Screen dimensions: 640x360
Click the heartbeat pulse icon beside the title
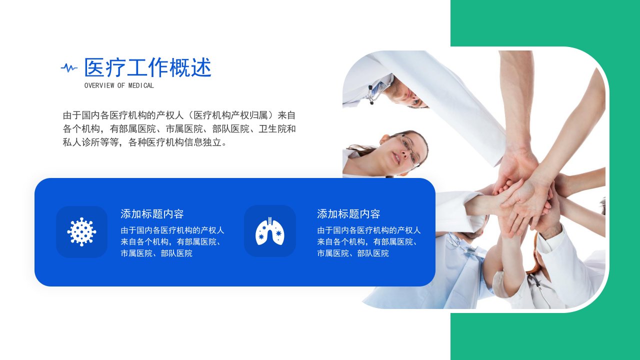(x=69, y=68)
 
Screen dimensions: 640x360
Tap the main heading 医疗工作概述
(x=147, y=67)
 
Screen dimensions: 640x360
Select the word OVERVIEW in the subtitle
(x=99, y=85)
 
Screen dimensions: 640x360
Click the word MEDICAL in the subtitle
(x=141, y=85)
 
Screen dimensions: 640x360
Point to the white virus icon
(x=81, y=231)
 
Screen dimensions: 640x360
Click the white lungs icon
(x=269, y=231)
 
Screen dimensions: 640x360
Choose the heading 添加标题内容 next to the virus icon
(x=152, y=213)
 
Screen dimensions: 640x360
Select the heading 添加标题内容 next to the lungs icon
(x=348, y=213)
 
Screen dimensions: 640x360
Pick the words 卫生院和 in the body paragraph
(x=277, y=129)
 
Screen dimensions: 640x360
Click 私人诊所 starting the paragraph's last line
(x=81, y=142)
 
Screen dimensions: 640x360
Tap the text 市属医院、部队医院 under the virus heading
(x=156, y=253)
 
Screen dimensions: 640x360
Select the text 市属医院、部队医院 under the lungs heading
(x=353, y=253)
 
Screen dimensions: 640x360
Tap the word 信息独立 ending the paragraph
(x=203, y=142)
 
